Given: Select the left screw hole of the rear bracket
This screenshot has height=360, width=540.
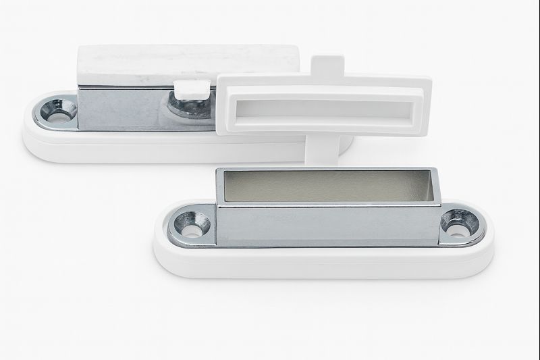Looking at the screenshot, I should [58, 109].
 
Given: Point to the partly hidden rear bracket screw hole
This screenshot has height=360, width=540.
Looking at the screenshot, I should [184, 108].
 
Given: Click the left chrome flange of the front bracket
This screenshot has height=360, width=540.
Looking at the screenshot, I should [191, 223].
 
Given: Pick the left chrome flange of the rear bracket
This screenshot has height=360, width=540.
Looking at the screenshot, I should [55, 111].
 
